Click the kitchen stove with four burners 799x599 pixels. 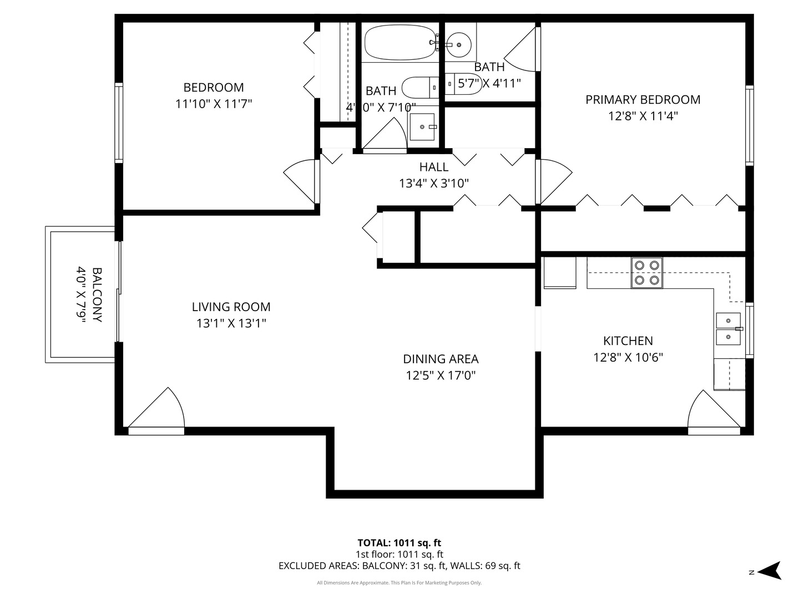tap(647, 273)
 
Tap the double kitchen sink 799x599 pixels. tap(729, 329)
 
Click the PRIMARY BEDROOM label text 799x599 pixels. tap(643, 100)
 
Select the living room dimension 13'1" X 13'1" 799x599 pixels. tap(231, 323)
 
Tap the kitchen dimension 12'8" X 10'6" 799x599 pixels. tap(628, 357)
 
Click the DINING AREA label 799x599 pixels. tap(441, 359)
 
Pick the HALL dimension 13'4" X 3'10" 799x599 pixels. tap(434, 183)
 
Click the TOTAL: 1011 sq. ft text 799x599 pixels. tap(399, 542)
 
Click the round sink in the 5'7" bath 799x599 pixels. tap(459, 43)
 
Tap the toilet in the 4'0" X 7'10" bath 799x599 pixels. tap(419, 87)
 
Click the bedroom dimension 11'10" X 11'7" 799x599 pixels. tap(214, 104)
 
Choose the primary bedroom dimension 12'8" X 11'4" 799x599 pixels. tap(643, 116)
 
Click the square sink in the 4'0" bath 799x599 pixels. tap(424, 127)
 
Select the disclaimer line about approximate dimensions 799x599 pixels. tap(399, 583)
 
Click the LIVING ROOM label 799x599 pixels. tap(231, 307)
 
